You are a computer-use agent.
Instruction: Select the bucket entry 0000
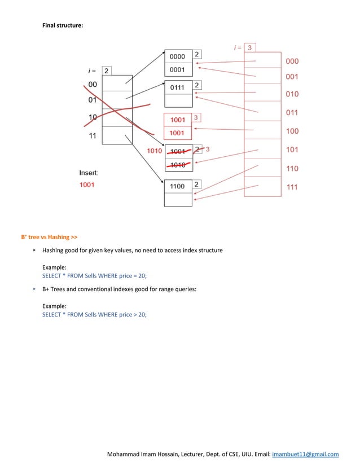[177, 56]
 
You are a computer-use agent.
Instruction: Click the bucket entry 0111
[177, 87]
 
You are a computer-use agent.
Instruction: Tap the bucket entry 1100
[177, 186]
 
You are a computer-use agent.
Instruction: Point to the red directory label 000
[292, 61]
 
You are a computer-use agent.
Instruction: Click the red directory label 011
[292, 113]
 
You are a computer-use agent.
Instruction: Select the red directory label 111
[292, 187]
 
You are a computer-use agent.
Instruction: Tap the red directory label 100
[292, 131]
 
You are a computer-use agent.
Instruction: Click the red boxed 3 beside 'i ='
[250, 47]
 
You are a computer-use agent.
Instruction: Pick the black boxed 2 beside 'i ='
[106, 71]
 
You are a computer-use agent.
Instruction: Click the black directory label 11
[92, 136]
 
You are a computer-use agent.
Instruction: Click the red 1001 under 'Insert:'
[87, 184]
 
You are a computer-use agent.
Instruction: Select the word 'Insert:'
[89, 173]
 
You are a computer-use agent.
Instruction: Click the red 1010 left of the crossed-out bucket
[155, 151]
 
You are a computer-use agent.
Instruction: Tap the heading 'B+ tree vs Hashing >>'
[49, 237]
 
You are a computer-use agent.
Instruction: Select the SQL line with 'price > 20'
[94, 314]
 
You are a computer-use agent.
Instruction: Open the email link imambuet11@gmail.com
[305, 454]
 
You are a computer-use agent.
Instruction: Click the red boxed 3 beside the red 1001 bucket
[196, 118]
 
